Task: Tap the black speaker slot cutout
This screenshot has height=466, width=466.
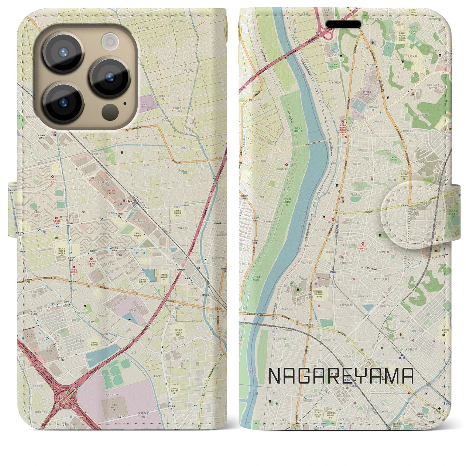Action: click(x=343, y=24)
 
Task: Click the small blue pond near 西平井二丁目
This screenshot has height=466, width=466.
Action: click(x=368, y=308)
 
